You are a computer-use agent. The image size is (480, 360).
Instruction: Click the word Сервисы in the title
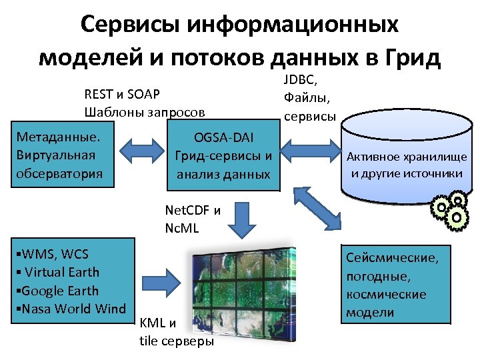tap(132, 25)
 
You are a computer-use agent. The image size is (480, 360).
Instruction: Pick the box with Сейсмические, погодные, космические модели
tap(396, 284)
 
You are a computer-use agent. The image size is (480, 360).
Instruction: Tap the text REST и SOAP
tap(122, 93)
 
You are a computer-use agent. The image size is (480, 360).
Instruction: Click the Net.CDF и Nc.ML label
tap(192, 218)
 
